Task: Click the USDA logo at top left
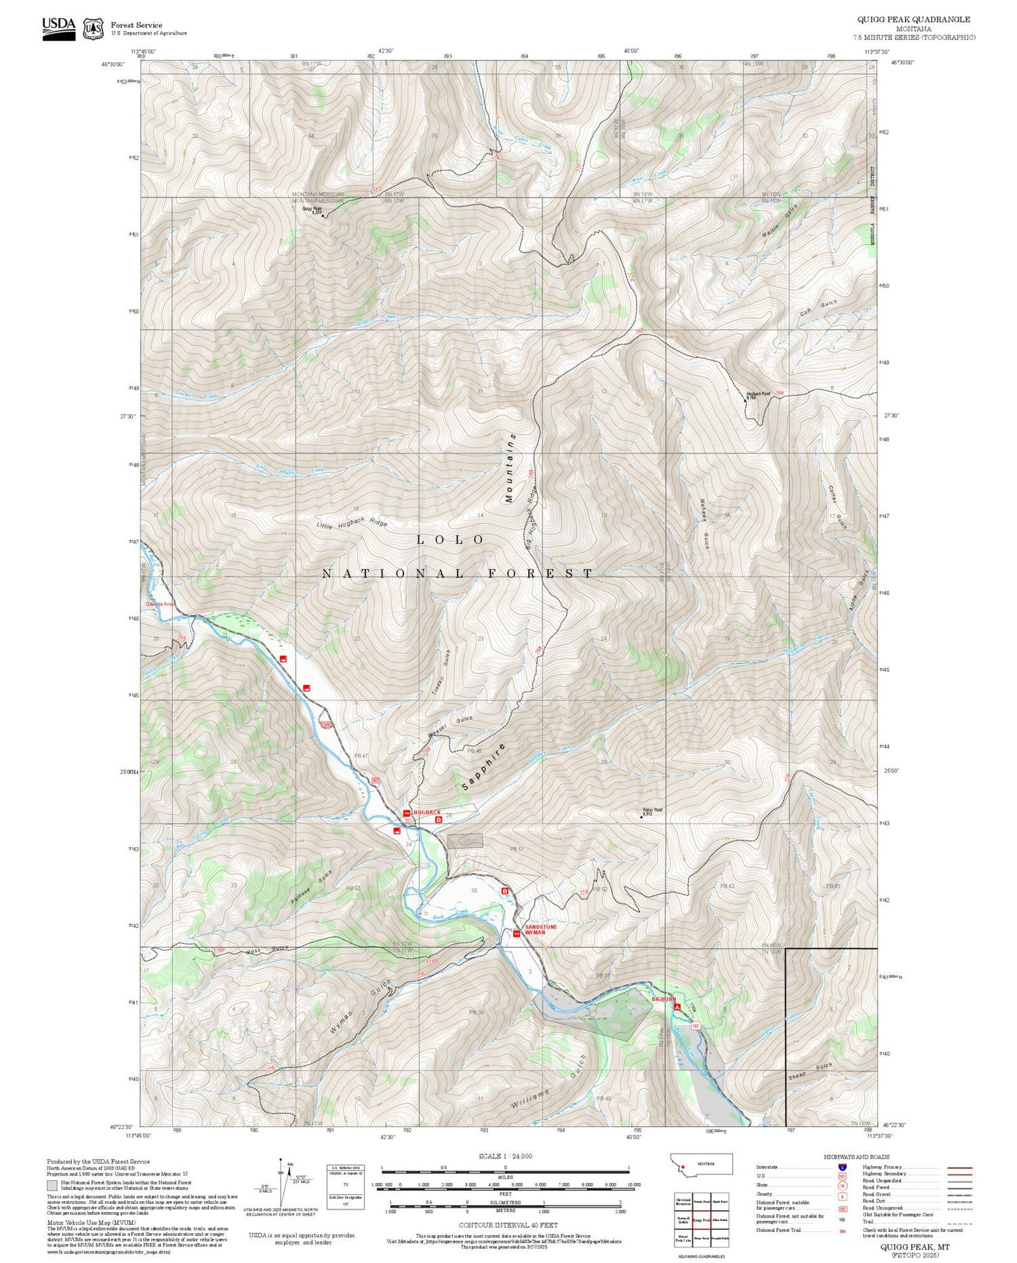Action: pyautogui.click(x=58, y=28)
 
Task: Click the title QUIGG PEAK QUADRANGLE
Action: pyautogui.click(x=914, y=20)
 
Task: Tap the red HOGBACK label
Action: pyautogui.click(x=426, y=812)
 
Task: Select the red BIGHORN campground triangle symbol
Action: pyautogui.click(x=677, y=1008)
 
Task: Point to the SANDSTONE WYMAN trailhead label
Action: pyautogui.click(x=540, y=929)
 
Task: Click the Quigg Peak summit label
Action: pyautogui.click(x=313, y=210)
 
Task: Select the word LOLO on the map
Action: pyautogui.click(x=450, y=540)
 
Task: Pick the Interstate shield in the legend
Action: pyautogui.click(x=842, y=1167)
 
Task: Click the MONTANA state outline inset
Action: pyautogui.click(x=701, y=1164)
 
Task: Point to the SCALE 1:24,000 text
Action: pyautogui.click(x=505, y=1156)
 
